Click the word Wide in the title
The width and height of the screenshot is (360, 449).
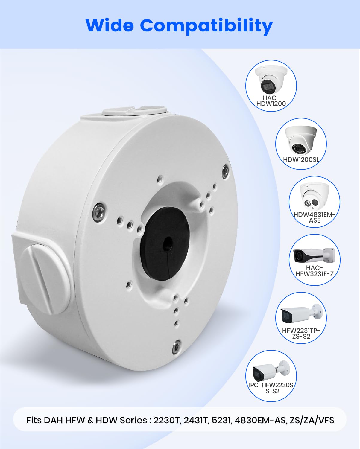pyautogui.click(x=110, y=25)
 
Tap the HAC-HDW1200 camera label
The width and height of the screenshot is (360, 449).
pyautogui.click(x=271, y=101)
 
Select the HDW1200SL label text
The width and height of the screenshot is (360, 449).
pyautogui.click(x=301, y=160)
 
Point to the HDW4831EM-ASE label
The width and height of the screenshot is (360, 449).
pyautogui.click(x=314, y=217)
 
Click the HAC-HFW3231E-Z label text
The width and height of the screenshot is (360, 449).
pyautogui.click(x=315, y=271)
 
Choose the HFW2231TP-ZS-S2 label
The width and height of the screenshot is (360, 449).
pyautogui.click(x=301, y=334)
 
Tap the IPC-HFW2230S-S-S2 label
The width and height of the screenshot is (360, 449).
pyautogui.click(x=271, y=388)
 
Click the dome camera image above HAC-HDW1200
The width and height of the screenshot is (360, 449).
pyautogui.click(x=271, y=80)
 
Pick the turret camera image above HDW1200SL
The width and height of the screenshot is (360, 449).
pyautogui.click(x=301, y=140)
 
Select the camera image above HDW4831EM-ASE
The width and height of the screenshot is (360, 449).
pyautogui.click(x=315, y=197)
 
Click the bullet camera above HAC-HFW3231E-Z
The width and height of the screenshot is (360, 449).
pyautogui.click(x=314, y=255)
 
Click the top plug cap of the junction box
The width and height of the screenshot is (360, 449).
pyautogui.click(x=134, y=111)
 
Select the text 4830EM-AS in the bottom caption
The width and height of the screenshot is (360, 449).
pyautogui.click(x=260, y=420)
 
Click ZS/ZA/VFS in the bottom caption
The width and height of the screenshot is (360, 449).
pyautogui.click(x=312, y=420)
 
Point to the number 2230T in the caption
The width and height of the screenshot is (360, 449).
pyautogui.click(x=166, y=420)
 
